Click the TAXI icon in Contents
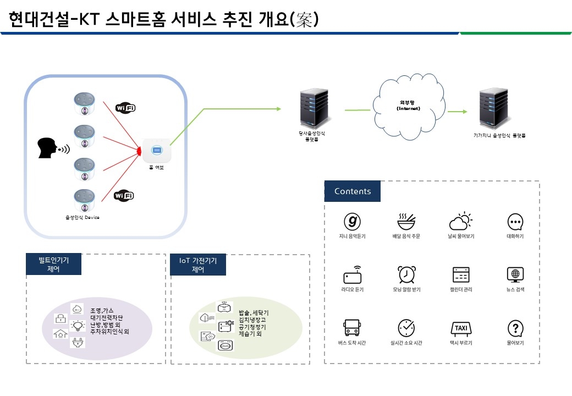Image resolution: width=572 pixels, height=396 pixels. (x=460, y=328)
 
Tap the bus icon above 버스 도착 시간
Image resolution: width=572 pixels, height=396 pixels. (x=351, y=328)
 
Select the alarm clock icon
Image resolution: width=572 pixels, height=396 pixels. (x=406, y=274)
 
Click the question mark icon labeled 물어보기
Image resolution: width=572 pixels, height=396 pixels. (x=515, y=328)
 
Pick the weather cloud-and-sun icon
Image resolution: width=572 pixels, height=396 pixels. (x=460, y=221)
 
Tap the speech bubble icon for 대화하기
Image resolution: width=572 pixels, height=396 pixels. (x=515, y=222)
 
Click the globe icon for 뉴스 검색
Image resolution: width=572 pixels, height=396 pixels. (x=515, y=274)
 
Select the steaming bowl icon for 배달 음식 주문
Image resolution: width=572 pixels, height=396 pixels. (x=406, y=221)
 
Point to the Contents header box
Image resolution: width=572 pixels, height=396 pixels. (x=353, y=191)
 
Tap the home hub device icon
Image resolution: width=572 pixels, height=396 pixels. (x=156, y=150)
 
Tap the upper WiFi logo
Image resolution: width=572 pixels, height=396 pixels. (x=124, y=108)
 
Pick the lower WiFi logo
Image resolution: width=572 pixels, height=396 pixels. (x=124, y=195)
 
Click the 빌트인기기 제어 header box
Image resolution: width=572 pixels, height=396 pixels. (x=54, y=265)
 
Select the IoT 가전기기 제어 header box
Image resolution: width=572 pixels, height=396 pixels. (x=198, y=265)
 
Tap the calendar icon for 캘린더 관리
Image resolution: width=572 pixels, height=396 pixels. (x=460, y=274)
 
